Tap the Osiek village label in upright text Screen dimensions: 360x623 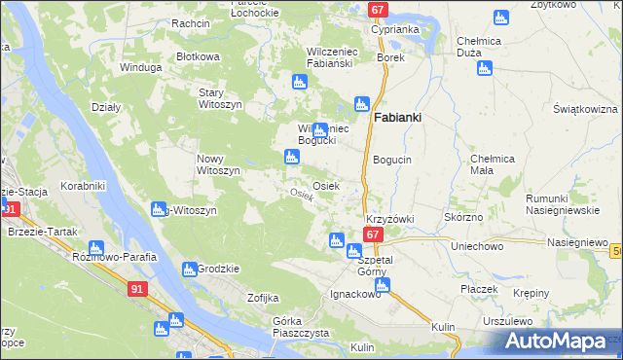tap(325, 185)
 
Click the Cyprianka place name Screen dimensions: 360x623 tap(394, 29)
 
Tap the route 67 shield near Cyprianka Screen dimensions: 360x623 tap(379, 10)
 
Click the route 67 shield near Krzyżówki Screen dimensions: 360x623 tap(373, 235)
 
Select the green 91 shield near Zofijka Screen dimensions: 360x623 tap(138, 289)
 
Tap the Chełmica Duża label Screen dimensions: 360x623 tap(478, 46)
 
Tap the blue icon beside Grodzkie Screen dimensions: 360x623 tap(190, 270)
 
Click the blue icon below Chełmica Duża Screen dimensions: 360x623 tap(483, 68)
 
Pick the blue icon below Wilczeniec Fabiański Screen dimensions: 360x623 tap(300, 84)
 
